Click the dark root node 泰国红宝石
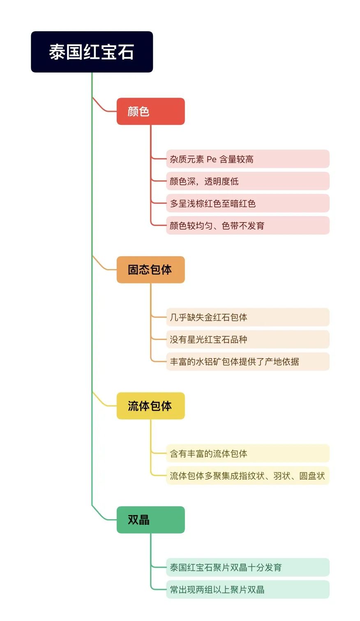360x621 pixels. (x=92, y=52)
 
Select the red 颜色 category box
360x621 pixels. (x=150, y=111)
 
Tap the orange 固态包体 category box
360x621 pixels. (x=150, y=269)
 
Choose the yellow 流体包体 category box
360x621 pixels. (x=150, y=406)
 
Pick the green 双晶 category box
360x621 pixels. (x=150, y=520)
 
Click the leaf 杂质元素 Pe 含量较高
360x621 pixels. (x=248, y=159)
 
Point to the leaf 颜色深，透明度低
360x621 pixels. (x=248, y=181)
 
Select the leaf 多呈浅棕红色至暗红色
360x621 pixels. (x=248, y=203)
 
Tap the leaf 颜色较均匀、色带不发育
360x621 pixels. (x=248, y=225)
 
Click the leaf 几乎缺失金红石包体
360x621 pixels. (x=248, y=317)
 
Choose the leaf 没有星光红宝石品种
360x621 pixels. (x=248, y=339)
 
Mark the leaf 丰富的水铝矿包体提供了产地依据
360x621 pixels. (x=248, y=361)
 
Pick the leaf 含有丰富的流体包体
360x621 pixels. (x=248, y=453)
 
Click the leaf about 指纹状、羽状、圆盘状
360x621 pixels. (x=248, y=476)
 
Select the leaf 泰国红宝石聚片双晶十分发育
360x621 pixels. (x=248, y=567)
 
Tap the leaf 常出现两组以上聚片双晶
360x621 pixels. (x=248, y=589)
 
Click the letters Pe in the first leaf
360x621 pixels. (x=212, y=159)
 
